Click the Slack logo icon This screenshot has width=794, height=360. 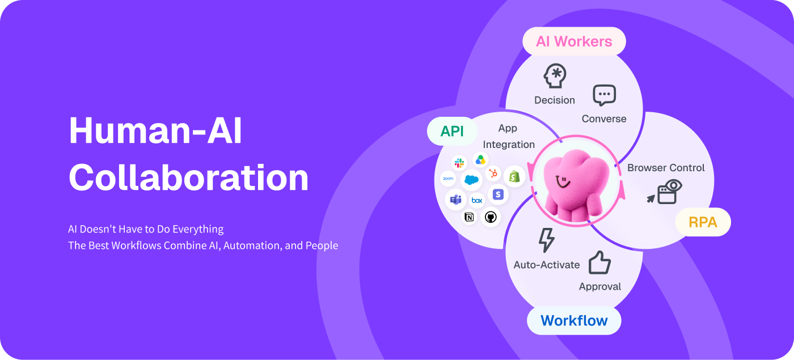(x=459, y=163)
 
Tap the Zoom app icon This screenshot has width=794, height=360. (x=448, y=179)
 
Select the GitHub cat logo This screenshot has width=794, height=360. (x=491, y=217)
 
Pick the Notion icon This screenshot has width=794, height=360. (x=469, y=217)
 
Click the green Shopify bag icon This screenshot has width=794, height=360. (x=514, y=176)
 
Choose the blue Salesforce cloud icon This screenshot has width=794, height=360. (x=471, y=180)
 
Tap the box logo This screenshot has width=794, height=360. (x=477, y=201)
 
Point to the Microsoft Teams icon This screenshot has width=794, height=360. (x=456, y=200)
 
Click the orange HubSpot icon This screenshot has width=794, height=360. (x=493, y=173)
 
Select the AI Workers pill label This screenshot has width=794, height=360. (x=574, y=41)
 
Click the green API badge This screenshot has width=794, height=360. (x=452, y=132)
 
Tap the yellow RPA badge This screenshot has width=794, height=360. (x=703, y=222)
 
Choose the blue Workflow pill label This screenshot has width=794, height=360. (x=574, y=321)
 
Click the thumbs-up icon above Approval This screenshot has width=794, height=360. (x=599, y=262)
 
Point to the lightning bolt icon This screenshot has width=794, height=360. (x=546, y=240)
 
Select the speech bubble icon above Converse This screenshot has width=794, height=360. (x=605, y=95)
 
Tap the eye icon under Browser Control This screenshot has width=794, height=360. (x=674, y=186)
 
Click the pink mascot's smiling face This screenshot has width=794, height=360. (x=563, y=181)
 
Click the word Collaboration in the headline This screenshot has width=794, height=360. (x=188, y=177)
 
